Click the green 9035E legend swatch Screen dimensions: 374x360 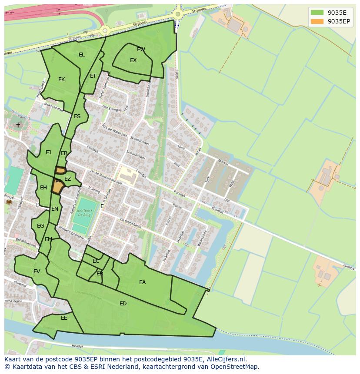(x=317, y=13)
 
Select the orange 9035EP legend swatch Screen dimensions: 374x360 (x=317, y=21)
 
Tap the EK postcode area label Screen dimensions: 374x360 (x=61, y=79)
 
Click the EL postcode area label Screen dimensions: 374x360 (x=82, y=55)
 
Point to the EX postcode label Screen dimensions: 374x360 (x=133, y=60)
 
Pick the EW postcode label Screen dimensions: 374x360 (x=141, y=50)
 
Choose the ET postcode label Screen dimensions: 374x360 (x=93, y=76)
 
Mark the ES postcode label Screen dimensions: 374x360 (x=77, y=116)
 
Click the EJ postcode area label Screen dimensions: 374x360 (x=48, y=152)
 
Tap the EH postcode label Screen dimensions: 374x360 (x=43, y=188)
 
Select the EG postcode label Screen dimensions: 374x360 (x=40, y=226)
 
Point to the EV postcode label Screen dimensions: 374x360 (x=37, y=271)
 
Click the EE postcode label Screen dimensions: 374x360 (x=64, y=318)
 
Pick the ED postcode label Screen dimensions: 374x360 (x=123, y=304)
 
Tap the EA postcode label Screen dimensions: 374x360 (x=142, y=282)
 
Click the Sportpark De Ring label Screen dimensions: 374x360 (x=85, y=212)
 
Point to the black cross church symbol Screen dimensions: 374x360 (x=18, y=125)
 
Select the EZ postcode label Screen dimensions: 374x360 (x=67, y=179)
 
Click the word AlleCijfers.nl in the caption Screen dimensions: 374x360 (x=226, y=359)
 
